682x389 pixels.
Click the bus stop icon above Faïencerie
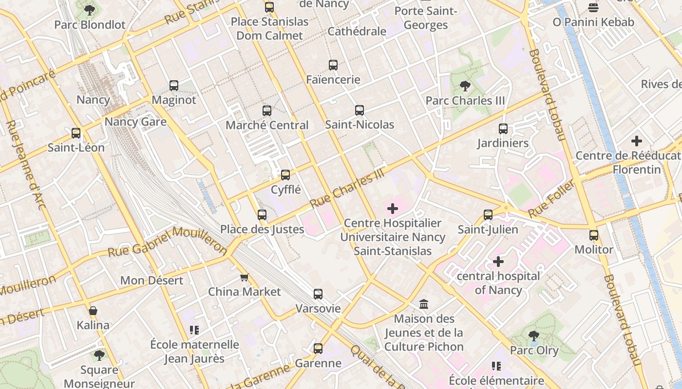(333, 65)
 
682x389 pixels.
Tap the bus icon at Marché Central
(267, 111)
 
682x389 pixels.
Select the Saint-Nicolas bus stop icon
(360, 110)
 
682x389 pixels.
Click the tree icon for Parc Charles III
(465, 86)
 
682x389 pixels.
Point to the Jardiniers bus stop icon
(503, 129)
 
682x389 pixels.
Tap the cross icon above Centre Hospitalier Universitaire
(393, 209)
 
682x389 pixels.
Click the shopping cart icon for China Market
(245, 278)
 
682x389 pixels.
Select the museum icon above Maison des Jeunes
(424, 304)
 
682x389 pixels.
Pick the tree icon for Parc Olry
(534, 336)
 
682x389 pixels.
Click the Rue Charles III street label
(347, 189)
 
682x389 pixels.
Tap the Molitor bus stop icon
(594, 235)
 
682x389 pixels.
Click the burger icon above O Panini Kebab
(593, 8)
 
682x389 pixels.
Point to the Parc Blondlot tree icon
(90, 10)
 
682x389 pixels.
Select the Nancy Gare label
(135, 122)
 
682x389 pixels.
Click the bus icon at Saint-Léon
(76, 133)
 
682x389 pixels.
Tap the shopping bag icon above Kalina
(93, 311)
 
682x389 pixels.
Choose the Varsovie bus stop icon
(318, 294)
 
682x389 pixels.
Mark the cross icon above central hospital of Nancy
(498, 262)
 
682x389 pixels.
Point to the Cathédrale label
(357, 32)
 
